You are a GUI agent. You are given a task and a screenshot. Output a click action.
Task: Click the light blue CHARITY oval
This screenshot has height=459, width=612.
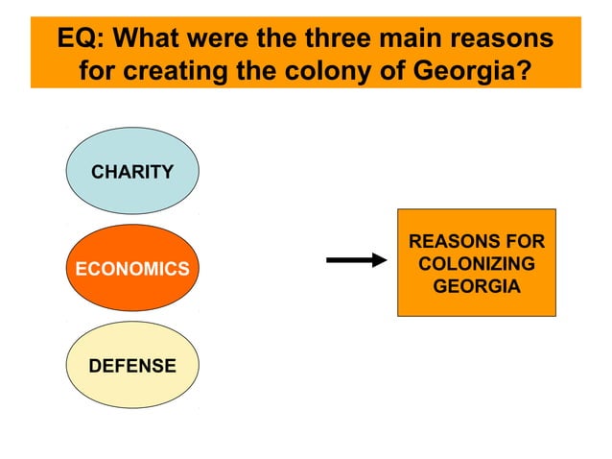[132, 172]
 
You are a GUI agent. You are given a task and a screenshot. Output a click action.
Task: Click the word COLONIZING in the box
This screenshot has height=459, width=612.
[477, 264]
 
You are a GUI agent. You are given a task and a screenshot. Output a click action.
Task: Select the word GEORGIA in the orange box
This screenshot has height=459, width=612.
[477, 286]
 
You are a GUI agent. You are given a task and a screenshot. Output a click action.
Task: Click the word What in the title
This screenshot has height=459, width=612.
[154, 39]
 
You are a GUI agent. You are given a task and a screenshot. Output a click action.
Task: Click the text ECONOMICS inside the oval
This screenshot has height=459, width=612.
[132, 270]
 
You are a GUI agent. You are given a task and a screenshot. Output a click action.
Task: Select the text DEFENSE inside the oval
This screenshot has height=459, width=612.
[132, 366]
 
